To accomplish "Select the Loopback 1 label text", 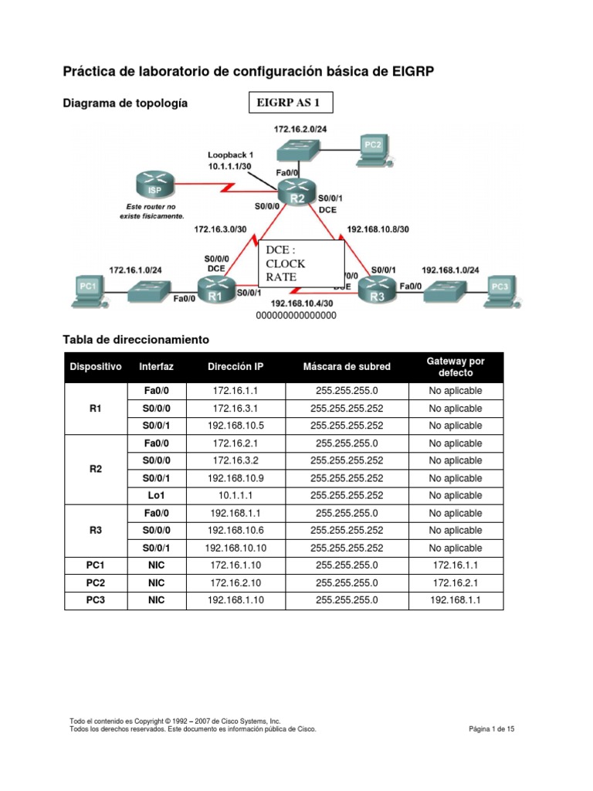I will (230, 154).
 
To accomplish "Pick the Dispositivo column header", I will (96, 366).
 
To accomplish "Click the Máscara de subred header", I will (347, 366).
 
